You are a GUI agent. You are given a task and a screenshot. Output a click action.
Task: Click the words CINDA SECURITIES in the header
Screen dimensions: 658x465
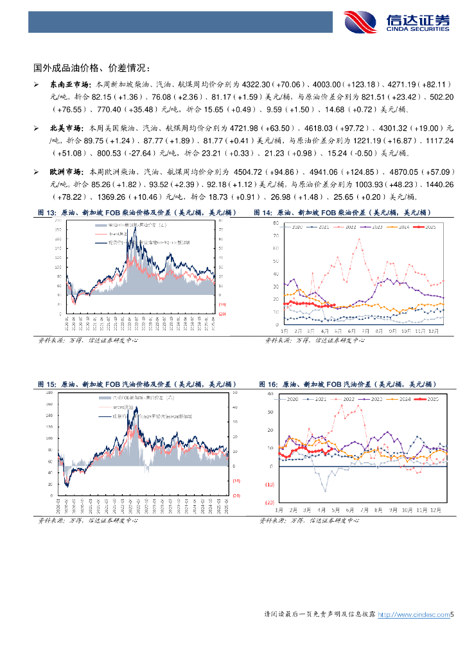click(418, 29)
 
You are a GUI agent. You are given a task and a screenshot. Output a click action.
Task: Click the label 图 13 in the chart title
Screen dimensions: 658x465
click(48, 212)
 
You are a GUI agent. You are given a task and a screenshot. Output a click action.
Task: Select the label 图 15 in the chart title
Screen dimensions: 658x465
click(48, 384)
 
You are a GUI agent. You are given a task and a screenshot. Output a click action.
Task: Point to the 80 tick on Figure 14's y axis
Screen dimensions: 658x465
click(274, 223)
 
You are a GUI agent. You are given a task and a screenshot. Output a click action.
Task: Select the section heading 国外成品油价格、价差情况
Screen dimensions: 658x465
click(92, 67)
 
